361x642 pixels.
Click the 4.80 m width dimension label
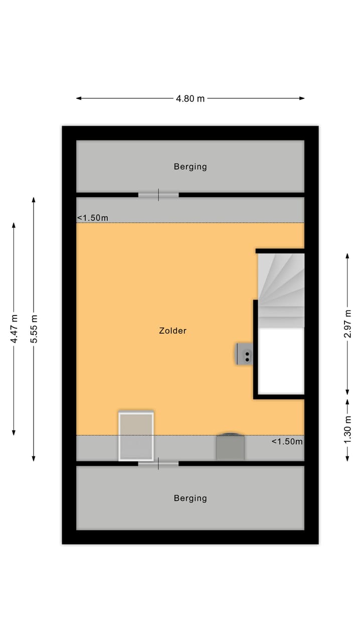[190, 98]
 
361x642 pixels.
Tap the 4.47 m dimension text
[14, 329]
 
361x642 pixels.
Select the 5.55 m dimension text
[34, 329]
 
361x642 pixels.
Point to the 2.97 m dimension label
[347, 324]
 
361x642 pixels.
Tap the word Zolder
[172, 331]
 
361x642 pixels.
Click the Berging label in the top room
[190, 167]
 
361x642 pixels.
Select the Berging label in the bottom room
[190, 498]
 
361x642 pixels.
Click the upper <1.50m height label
[92, 218]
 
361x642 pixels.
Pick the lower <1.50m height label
[287, 442]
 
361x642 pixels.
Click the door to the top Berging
[158, 195]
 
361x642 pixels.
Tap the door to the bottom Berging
[158, 464]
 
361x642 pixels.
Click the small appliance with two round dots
[245, 354]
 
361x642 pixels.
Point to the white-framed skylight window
[136, 436]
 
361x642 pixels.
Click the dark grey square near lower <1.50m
[230, 447]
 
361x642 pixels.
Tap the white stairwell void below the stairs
[281, 360]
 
